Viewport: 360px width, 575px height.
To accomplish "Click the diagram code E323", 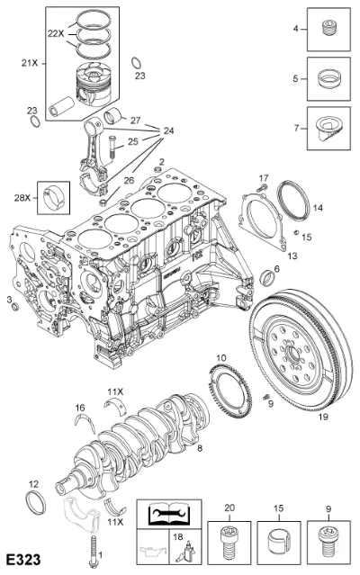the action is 23,560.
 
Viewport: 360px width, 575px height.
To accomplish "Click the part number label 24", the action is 168,130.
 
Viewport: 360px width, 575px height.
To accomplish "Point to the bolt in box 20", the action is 229,543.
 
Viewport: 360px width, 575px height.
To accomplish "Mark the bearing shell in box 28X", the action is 53,198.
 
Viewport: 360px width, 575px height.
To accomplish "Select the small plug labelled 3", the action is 15,306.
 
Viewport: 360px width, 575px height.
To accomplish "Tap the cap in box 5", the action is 328,78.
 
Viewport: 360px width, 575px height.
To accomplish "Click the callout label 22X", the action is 56,33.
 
